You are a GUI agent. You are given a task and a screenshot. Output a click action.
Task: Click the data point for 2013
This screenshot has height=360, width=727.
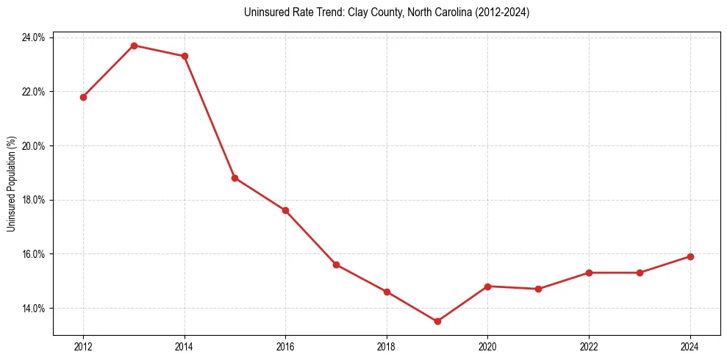[x=134, y=46]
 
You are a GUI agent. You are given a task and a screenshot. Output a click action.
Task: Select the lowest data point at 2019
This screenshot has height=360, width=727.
[x=437, y=321]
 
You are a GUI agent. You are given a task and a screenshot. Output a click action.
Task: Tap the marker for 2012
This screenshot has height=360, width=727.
[x=83, y=97]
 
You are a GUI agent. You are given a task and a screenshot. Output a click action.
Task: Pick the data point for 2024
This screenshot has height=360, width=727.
[x=690, y=256]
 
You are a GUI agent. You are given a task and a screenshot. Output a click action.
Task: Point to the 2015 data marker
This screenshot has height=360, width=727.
[x=235, y=178]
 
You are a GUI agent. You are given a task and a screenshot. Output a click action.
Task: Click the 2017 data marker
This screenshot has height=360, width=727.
[x=336, y=264]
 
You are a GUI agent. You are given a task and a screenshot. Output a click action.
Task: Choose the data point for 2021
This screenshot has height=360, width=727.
[x=538, y=289]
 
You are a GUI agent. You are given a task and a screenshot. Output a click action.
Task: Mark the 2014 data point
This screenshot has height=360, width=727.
[x=185, y=56]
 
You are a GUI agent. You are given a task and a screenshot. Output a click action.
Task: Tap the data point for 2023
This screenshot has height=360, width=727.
[x=640, y=273]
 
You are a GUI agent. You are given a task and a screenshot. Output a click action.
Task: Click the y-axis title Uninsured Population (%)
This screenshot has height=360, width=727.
[x=11, y=184]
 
